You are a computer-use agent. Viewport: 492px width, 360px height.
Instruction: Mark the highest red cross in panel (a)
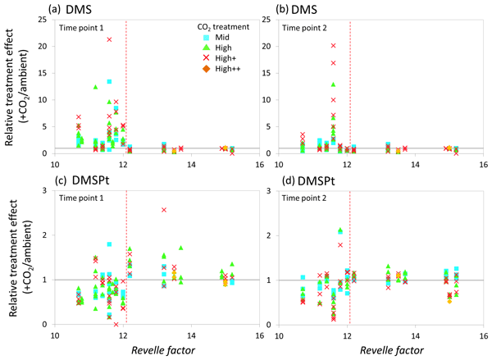coord(109,39)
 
